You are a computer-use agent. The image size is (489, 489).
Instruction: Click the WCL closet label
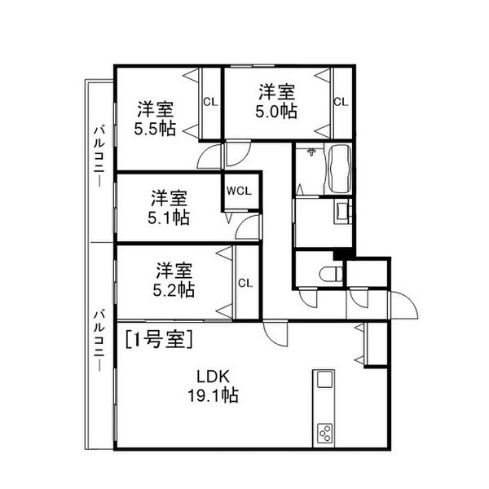[x=239, y=191]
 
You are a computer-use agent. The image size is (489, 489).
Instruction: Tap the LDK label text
[x=213, y=377]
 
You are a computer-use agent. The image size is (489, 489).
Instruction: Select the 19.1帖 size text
[x=213, y=395]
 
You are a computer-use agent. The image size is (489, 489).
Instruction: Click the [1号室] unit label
[x=159, y=339]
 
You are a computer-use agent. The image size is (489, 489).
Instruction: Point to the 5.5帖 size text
[x=155, y=129]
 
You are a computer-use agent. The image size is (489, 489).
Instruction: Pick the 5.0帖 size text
[x=276, y=112]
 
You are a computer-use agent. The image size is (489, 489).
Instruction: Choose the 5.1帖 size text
[x=169, y=218]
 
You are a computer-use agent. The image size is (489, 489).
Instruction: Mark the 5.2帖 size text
[x=174, y=289]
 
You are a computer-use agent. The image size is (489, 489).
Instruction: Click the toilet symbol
[x=331, y=273]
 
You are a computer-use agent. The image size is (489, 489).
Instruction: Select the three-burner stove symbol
[x=324, y=434]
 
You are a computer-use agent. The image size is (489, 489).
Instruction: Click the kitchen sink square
[x=324, y=380]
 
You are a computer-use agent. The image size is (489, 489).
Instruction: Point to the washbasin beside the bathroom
[x=343, y=211]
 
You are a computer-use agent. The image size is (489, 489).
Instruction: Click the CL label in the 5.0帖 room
[x=341, y=102]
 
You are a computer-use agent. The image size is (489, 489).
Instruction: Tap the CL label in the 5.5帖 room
[x=210, y=102]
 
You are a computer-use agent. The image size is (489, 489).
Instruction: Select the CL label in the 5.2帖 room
[x=245, y=284]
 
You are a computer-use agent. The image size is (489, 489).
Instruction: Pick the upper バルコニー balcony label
[x=99, y=156]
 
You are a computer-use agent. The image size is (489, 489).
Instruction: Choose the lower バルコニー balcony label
[x=99, y=340]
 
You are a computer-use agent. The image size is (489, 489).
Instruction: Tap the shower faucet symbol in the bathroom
[x=311, y=152]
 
